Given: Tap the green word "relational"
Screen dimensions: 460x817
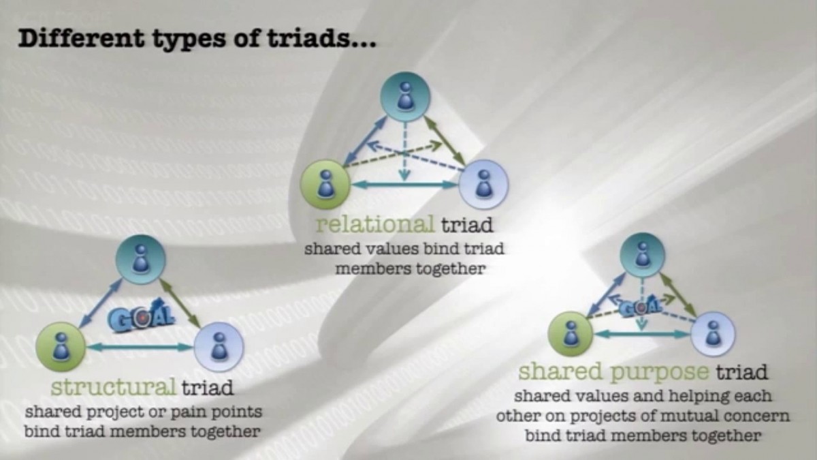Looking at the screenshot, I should [375, 224].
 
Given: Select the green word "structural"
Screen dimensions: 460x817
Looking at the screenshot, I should [114, 388].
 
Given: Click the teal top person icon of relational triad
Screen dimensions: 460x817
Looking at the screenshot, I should [405, 95].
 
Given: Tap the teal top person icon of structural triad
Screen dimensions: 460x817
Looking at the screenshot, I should [140, 260].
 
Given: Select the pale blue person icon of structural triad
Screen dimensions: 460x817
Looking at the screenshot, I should [219, 347].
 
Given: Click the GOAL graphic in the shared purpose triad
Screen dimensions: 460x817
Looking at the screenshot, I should [641, 306].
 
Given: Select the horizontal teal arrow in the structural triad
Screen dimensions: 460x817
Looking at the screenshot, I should [140, 348].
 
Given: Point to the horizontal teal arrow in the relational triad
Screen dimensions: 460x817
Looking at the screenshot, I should [405, 184].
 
